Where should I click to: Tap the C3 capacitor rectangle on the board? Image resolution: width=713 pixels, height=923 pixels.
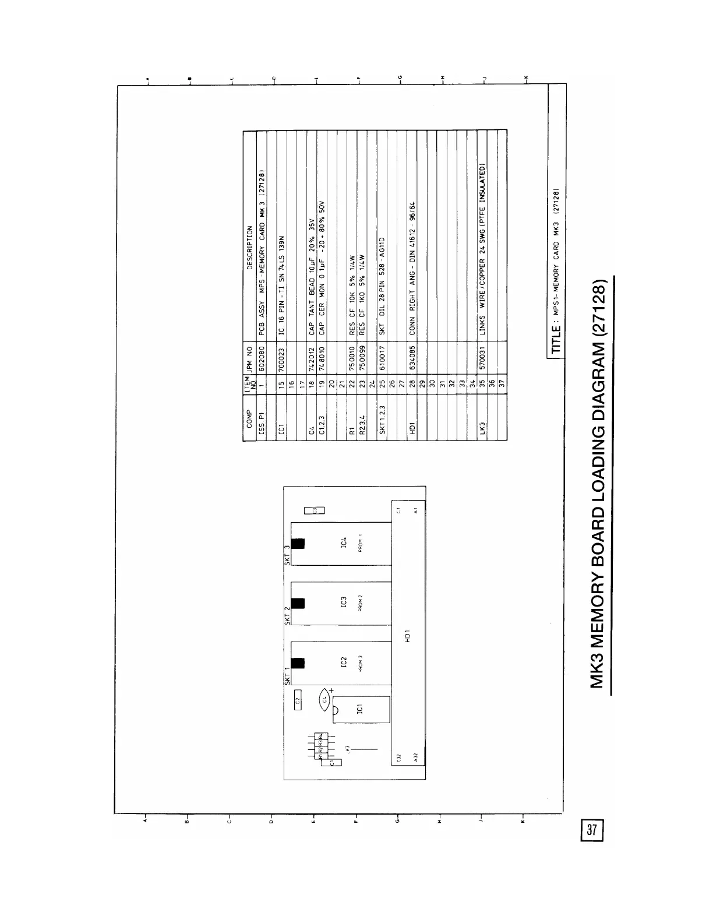[315, 510]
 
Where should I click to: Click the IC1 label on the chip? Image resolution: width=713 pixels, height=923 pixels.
[360, 709]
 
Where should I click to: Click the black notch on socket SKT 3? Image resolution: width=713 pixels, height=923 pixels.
[298, 543]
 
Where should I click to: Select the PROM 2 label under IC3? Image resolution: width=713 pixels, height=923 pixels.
[361, 603]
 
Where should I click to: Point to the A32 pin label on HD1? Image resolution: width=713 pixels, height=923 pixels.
[415, 758]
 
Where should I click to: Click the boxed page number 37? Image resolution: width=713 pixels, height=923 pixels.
[592, 830]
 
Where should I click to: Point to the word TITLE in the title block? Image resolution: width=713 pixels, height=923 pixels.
[557, 340]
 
